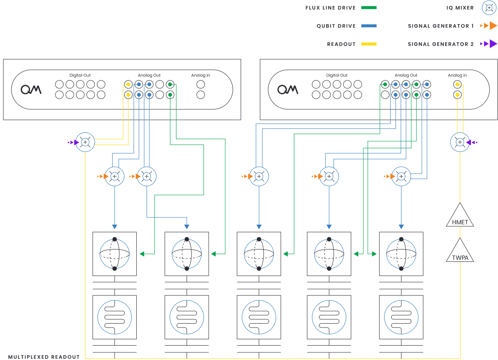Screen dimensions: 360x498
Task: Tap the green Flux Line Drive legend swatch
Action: click(x=369, y=8)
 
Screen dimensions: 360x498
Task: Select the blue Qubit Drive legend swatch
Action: click(x=369, y=26)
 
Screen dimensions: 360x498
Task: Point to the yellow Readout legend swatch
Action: click(x=369, y=44)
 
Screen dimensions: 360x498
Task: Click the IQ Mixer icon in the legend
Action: click(x=489, y=8)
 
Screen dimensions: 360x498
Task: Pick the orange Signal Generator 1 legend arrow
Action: click(x=490, y=26)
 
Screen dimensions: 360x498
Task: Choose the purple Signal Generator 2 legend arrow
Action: click(x=490, y=44)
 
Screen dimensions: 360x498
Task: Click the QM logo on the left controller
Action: click(x=31, y=89)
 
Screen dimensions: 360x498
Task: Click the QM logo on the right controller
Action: click(x=288, y=89)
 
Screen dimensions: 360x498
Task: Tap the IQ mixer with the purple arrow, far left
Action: click(x=85, y=143)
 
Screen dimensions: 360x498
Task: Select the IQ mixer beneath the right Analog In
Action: click(x=460, y=143)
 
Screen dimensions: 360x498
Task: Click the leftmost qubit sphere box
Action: click(x=114, y=254)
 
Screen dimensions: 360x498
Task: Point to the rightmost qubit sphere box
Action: click(x=401, y=254)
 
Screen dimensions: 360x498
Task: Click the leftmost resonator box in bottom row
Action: click(x=114, y=316)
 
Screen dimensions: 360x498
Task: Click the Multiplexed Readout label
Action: click(x=44, y=357)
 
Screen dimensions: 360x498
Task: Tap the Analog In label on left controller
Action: click(x=200, y=75)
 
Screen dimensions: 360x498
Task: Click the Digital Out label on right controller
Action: click(x=337, y=75)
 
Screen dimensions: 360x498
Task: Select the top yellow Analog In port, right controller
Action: click(x=457, y=85)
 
